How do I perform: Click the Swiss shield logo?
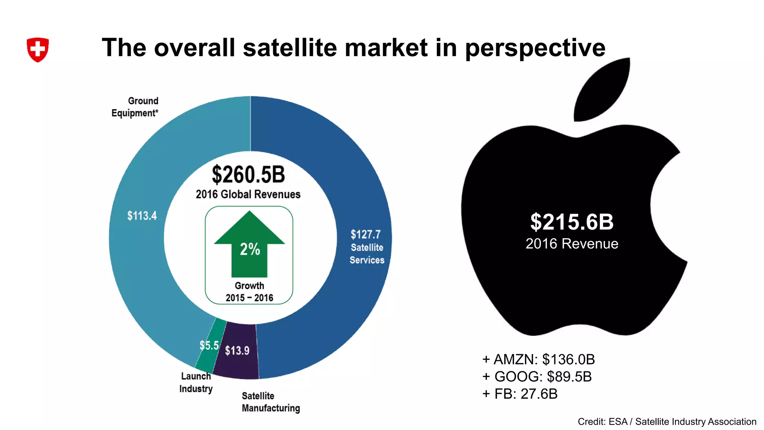point(38,49)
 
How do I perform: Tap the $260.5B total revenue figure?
point(248,175)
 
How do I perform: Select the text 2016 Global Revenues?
point(248,194)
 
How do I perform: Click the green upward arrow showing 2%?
point(249,244)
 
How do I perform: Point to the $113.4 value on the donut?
point(142,216)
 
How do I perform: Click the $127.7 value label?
point(365,234)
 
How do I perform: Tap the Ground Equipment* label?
point(135,107)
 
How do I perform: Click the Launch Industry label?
point(196,382)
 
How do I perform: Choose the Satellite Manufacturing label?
point(270,402)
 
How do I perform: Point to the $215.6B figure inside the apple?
point(572,222)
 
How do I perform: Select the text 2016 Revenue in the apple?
point(572,244)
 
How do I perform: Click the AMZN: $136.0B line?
point(538,359)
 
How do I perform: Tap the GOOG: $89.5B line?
point(537,377)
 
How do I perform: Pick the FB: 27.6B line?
point(520,394)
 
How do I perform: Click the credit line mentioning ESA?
point(667,422)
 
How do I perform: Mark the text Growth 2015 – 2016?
point(249,292)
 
